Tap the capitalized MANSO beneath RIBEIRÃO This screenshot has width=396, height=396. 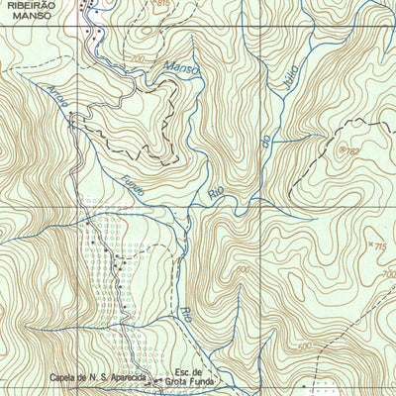coord(29,16)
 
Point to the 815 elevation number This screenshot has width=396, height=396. coord(162,5)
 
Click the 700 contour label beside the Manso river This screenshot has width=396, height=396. coord(136,60)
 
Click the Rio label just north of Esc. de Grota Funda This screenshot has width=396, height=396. coord(184,317)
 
